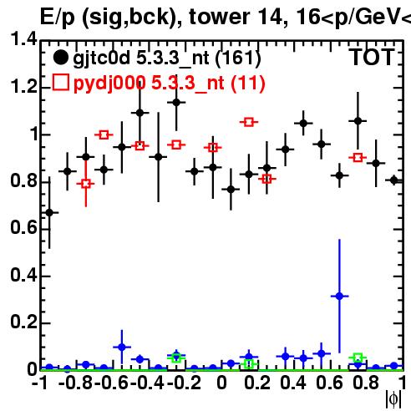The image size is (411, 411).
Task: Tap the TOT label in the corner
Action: point(373,58)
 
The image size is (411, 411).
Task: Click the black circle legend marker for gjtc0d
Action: point(60,58)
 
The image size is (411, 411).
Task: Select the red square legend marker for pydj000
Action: point(60,83)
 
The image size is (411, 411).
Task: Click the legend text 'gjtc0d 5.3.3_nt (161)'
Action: point(167,58)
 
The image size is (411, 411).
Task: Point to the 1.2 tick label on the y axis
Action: point(23,87)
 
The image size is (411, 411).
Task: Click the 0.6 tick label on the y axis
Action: point(23,228)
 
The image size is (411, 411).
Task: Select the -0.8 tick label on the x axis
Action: point(75,383)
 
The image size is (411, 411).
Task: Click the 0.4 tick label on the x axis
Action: point(293,383)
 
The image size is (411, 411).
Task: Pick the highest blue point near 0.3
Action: point(339,297)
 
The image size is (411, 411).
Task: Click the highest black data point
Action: point(176,103)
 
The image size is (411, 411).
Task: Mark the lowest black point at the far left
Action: point(49,213)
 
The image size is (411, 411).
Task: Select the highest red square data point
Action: point(249,122)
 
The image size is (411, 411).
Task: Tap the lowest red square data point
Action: point(86,184)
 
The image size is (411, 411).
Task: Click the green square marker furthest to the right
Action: point(358,358)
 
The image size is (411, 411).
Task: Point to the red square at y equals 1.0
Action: point(104,135)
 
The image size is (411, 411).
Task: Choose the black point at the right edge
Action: point(393,180)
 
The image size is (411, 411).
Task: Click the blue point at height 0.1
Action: point(122,348)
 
